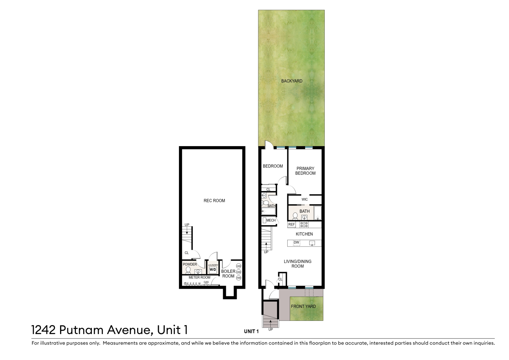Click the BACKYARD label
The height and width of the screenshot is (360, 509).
click(292, 81)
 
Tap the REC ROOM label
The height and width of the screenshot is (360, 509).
click(214, 201)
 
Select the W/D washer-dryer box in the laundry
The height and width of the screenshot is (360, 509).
click(213, 270)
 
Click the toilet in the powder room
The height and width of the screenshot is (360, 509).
click(188, 270)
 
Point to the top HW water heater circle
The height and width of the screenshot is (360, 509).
click(239, 266)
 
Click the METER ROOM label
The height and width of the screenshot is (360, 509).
click(199, 278)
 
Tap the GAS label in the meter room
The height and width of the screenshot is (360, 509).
click(206, 282)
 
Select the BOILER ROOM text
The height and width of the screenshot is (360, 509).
click(228, 274)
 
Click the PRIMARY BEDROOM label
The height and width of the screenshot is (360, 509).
click(305, 171)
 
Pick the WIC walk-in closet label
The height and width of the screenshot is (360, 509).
click(305, 199)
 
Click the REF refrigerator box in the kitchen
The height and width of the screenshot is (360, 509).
click(292, 224)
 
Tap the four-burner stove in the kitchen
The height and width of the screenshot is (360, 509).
click(304, 225)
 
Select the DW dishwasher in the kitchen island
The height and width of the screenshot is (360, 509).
click(297, 243)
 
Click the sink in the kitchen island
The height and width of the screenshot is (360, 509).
click(312, 243)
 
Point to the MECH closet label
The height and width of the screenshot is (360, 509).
click(271, 220)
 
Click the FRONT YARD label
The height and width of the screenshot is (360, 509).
click(303, 306)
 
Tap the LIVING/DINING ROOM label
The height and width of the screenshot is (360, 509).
click(298, 264)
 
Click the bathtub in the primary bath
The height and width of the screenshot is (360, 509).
click(317, 213)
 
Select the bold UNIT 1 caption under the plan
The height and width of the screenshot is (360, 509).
click(251, 331)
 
